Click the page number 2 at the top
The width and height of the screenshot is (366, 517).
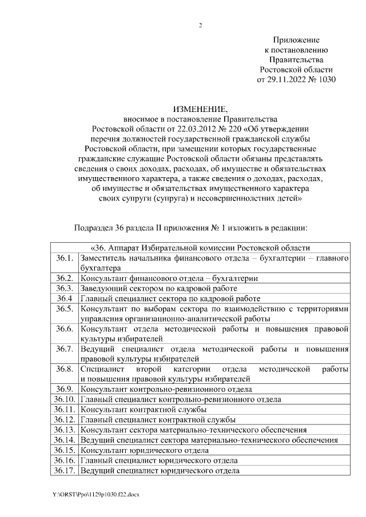(x=200, y=25)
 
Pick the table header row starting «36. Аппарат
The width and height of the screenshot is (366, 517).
(x=200, y=248)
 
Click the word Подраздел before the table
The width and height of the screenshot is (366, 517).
(x=94, y=229)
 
